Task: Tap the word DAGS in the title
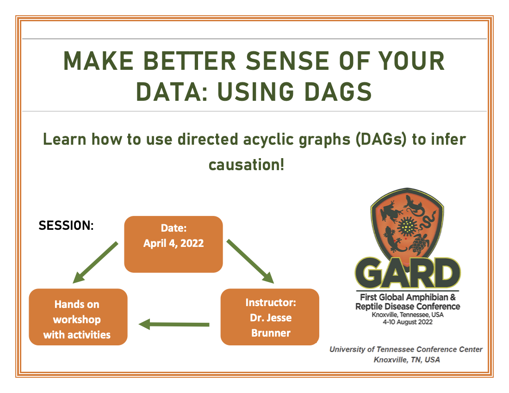[331, 92]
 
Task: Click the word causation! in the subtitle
[246, 165]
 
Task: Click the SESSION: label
[66, 226]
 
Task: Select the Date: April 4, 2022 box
[174, 244]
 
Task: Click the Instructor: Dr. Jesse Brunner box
[270, 317]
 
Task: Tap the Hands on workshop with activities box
[78, 317]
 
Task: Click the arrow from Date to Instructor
[250, 260]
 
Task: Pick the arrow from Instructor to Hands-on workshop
[174, 324]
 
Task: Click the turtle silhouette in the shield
[419, 243]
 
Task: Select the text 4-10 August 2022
[408, 322]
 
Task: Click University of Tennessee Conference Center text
[406, 350]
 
